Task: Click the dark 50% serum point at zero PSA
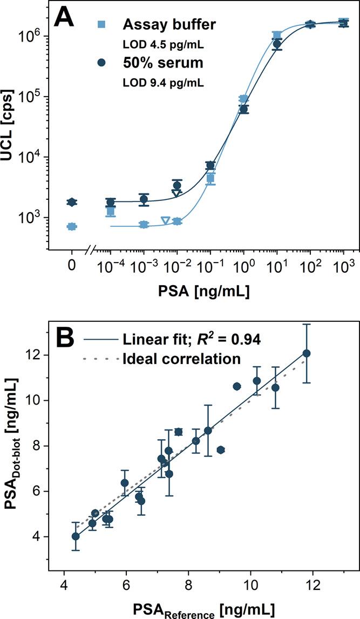point(72,202)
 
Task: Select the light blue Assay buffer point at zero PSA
point(72,227)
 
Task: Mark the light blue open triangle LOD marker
point(165,220)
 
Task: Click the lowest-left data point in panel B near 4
point(76,536)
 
